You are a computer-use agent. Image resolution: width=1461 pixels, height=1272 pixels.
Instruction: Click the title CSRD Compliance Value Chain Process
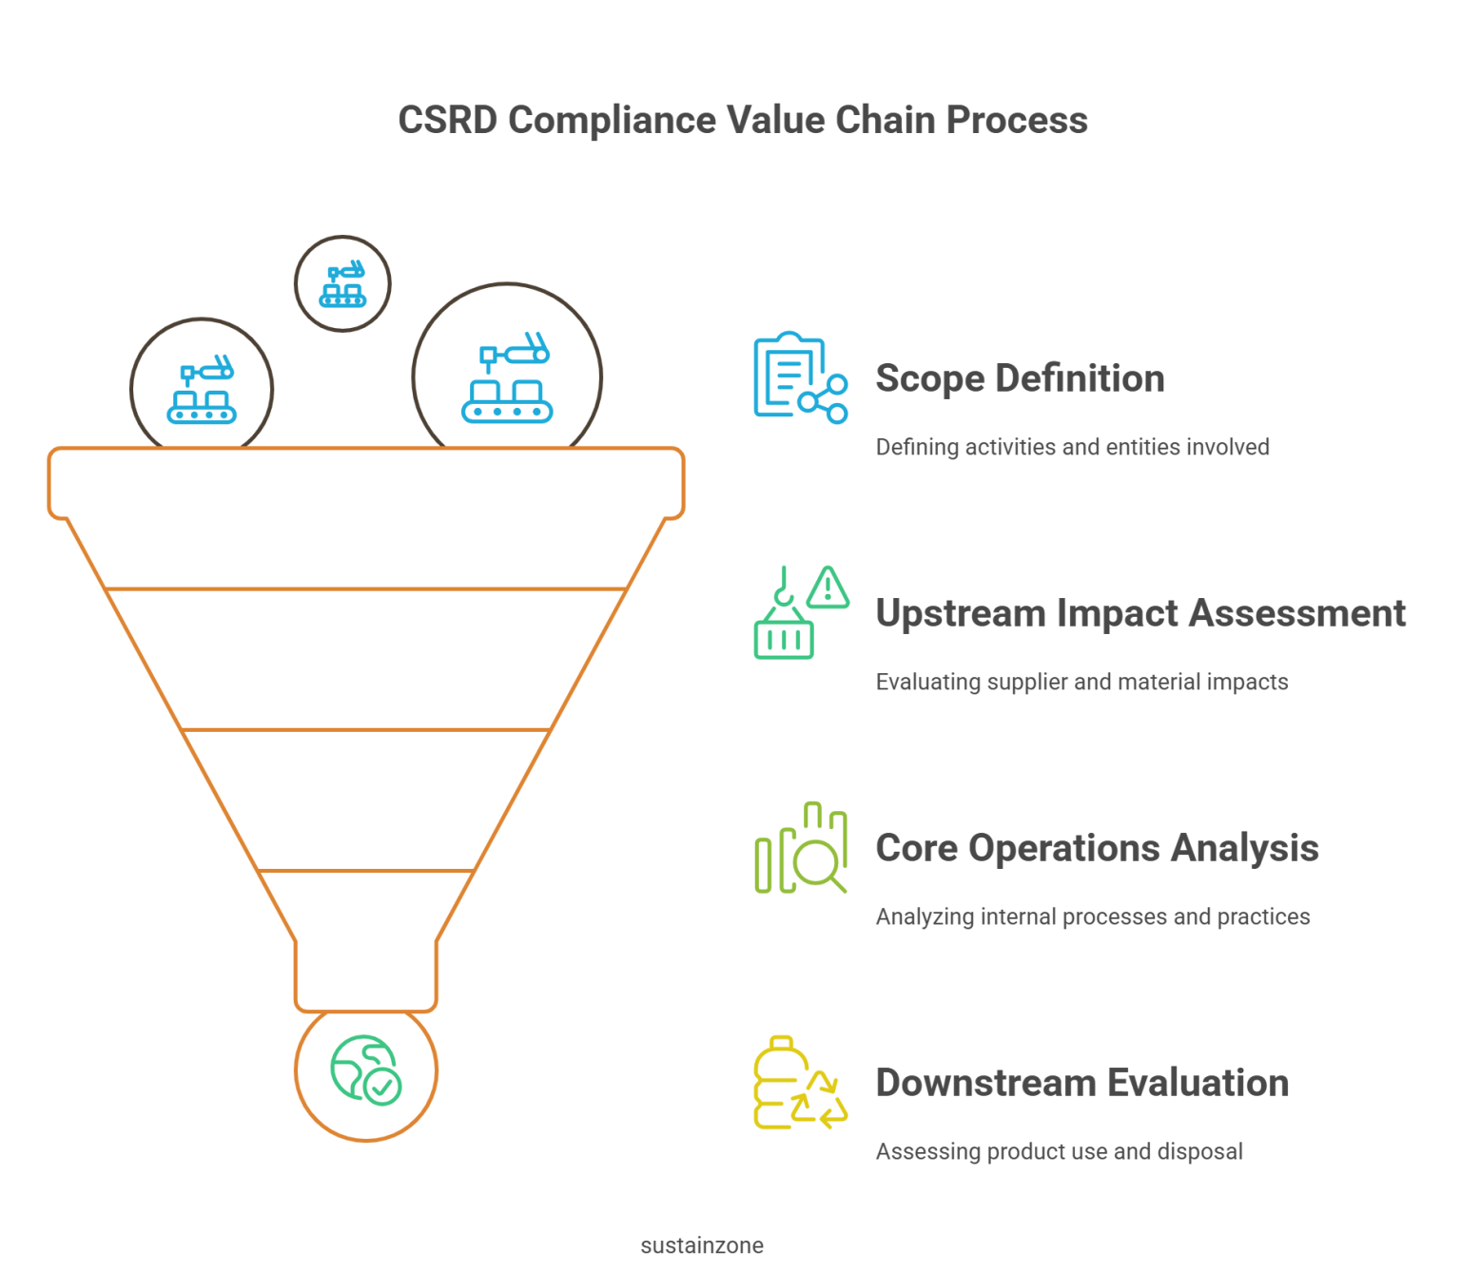[x=742, y=121]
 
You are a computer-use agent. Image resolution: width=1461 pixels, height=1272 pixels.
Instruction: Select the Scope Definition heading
[x=1020, y=378]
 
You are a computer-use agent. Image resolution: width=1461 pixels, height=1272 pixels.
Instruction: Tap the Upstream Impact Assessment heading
[x=1140, y=613]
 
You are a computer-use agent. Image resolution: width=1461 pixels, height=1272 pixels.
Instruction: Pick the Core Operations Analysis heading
[x=1097, y=848]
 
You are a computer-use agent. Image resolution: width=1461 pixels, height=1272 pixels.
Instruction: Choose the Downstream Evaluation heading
[x=1081, y=1083]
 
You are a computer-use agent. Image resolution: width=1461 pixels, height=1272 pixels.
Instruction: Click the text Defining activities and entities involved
[x=1072, y=447]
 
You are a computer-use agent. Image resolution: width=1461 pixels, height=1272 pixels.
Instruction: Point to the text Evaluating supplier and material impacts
[x=1081, y=682]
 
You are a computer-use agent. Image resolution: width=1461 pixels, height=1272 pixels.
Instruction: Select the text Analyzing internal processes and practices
[x=1092, y=916]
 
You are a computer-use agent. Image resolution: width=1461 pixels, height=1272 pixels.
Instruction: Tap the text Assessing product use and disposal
[x=1059, y=1151]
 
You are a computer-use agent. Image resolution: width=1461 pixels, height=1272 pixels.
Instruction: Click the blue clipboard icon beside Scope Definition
[x=789, y=375]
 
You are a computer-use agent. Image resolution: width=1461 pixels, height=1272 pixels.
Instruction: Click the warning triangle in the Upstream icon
[x=828, y=588]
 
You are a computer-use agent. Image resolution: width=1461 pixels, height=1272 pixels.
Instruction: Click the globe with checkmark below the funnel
[x=366, y=1070]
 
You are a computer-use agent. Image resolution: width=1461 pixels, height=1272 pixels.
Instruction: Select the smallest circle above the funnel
[x=342, y=283]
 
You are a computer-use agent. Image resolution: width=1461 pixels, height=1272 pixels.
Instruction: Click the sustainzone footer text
[x=702, y=1245]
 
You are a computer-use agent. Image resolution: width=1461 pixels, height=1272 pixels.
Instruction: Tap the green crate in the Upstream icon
[x=784, y=638]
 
